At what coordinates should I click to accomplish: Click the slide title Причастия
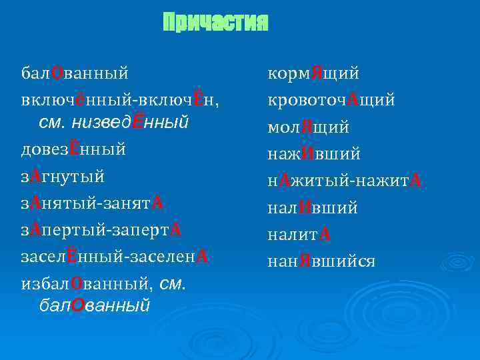click(x=215, y=23)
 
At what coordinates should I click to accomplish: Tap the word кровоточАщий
click(x=331, y=100)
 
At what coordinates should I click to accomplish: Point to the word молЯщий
click(x=308, y=127)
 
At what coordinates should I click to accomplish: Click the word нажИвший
click(x=313, y=154)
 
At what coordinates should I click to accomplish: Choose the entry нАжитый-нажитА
click(x=345, y=181)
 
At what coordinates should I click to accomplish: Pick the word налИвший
click(x=312, y=208)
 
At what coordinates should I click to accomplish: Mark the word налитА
click(x=299, y=235)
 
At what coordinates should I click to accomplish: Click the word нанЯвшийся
click(x=321, y=261)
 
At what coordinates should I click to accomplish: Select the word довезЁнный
click(x=73, y=149)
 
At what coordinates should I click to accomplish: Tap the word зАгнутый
click(x=63, y=177)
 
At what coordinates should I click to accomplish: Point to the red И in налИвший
click(x=307, y=208)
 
